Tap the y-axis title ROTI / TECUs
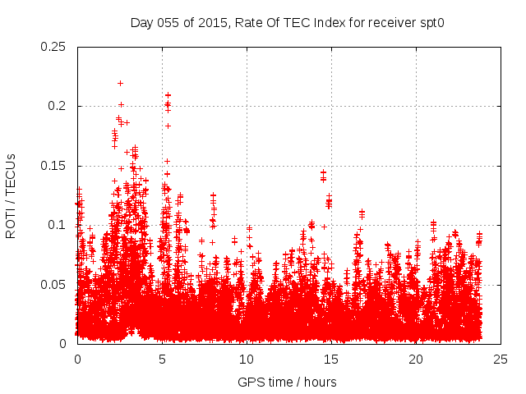pyautogui.click(x=11, y=195)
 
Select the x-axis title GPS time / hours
pyautogui.click(x=287, y=382)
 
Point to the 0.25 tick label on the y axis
pyautogui.click(x=53, y=47)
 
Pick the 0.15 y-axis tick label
pyautogui.click(x=53, y=166)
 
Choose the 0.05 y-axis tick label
pyautogui.click(x=53, y=284)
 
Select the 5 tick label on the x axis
pyautogui.click(x=162, y=359)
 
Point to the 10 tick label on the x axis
pyautogui.click(x=247, y=359)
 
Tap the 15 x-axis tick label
pyautogui.click(x=331, y=359)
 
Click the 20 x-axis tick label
pyautogui.click(x=416, y=359)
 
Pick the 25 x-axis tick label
pyautogui.click(x=501, y=359)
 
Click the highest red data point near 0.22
pyautogui.click(x=120, y=83)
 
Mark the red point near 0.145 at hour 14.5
pyautogui.click(x=323, y=172)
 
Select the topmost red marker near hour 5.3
pyautogui.click(x=168, y=95)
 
